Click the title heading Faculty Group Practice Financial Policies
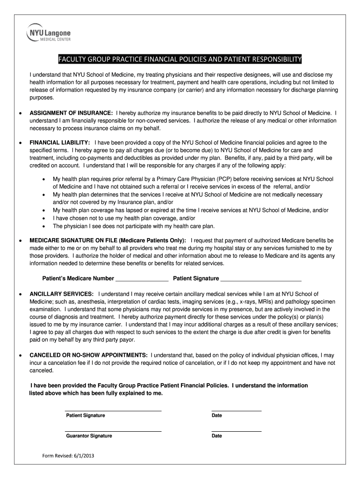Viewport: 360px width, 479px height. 180,59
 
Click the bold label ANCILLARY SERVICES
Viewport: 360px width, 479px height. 62,294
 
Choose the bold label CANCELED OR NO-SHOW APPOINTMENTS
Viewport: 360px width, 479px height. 89,355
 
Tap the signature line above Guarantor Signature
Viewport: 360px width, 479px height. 113,430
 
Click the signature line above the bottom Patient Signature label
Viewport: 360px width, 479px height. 113,410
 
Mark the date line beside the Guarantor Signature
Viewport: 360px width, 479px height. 236,430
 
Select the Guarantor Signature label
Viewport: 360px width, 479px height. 89,436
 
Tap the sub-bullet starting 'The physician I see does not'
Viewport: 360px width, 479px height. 134,226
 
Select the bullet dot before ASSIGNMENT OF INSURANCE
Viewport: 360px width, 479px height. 19,114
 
